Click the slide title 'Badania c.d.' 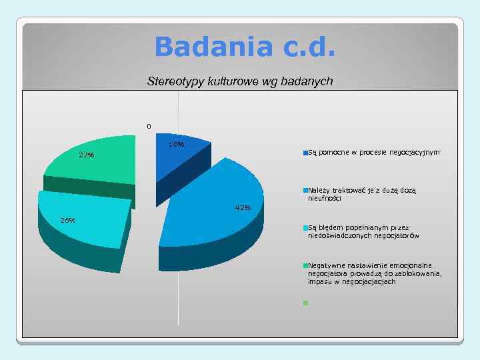click(245, 47)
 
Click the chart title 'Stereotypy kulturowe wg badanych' click(239, 82)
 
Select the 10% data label click(177, 145)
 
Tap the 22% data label click(86, 155)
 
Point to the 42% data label click(243, 208)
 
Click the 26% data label click(67, 220)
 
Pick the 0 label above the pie click(149, 126)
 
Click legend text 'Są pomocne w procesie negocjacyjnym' click(373, 153)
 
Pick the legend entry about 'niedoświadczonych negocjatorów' click(363, 231)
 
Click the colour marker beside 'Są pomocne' click(305, 153)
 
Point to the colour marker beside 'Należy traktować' click(305, 191)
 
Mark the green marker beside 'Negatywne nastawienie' click(305, 266)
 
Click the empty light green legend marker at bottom click(305, 303)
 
